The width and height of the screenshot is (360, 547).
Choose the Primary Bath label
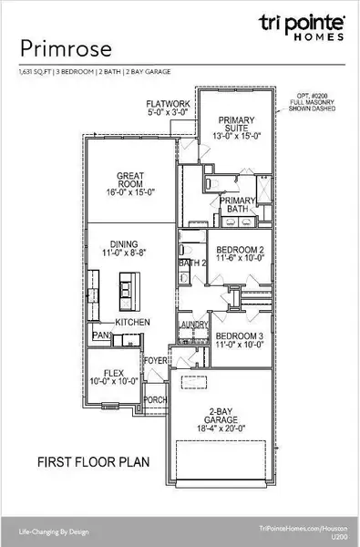pos(239,205)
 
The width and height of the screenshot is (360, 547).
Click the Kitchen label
pos(132,323)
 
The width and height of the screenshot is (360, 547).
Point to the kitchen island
pos(125,292)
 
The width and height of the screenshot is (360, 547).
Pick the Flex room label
pos(113,377)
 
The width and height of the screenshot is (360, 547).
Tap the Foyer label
pos(157,360)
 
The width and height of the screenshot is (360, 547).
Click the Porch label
pos(155,399)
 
